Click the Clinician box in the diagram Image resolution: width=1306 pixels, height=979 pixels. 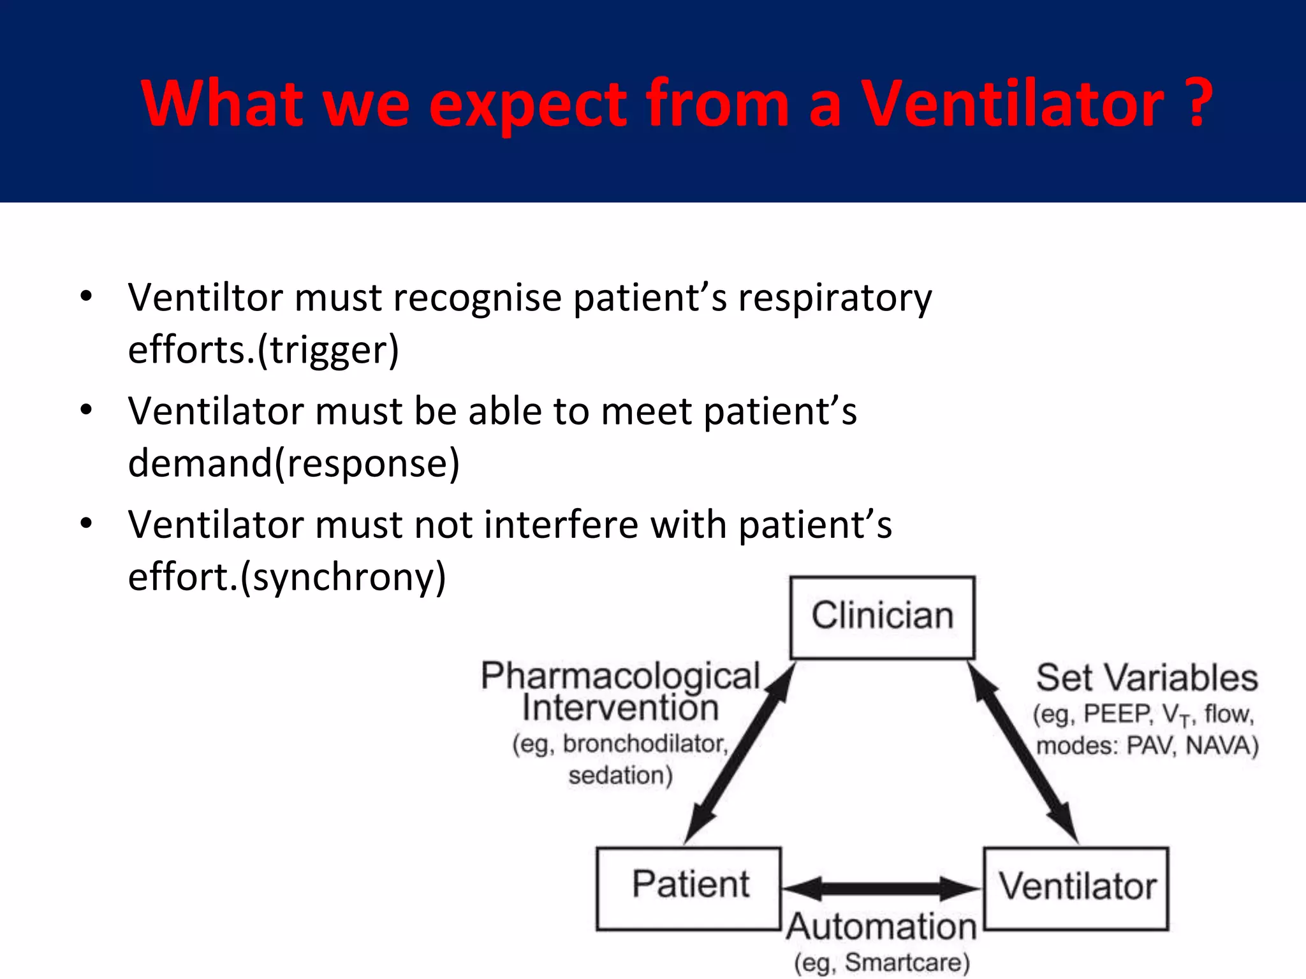click(882, 617)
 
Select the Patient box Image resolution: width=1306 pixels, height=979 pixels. click(689, 887)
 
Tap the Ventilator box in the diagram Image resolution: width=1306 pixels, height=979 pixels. click(1076, 887)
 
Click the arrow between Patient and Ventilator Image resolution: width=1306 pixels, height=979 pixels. click(882, 888)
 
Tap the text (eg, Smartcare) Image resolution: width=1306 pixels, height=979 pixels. click(882, 962)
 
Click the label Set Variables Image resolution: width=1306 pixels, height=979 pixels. click(1147, 678)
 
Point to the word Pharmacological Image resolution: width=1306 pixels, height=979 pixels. click(620, 676)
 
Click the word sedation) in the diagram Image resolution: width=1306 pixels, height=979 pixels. click(620, 776)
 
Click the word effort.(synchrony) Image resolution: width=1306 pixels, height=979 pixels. click(287, 576)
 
